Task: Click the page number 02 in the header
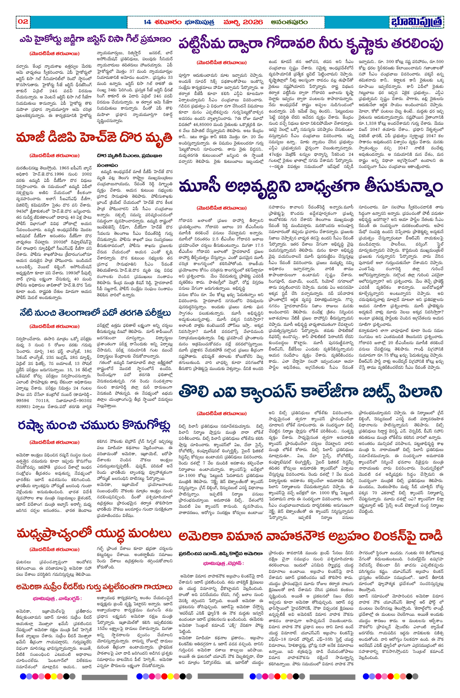coord(23,21)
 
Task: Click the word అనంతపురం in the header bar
coord(289,22)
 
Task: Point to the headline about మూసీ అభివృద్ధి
coord(311,186)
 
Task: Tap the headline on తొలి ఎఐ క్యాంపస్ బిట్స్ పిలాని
coord(311,392)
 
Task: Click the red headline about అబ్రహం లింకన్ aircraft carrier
coord(311,536)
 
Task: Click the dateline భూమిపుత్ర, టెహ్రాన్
coord(223,563)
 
